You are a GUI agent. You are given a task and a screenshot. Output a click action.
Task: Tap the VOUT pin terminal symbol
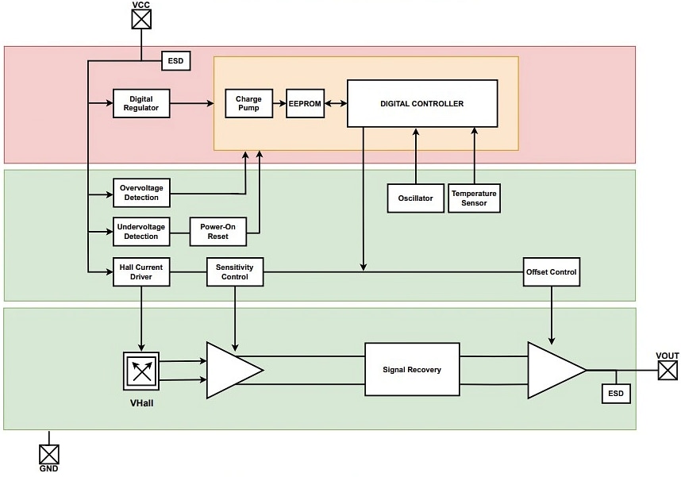pos(668,370)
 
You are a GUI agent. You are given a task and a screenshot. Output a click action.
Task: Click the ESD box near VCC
pos(175,61)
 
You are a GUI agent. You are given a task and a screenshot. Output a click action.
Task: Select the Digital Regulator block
pos(141,103)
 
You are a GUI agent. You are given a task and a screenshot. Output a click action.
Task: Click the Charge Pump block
pos(248,103)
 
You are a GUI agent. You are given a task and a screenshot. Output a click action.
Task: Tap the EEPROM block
pos(306,104)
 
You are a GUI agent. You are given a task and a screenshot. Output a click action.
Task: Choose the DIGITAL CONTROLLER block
pos(422,104)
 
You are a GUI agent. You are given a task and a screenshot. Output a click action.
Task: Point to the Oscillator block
pos(415,198)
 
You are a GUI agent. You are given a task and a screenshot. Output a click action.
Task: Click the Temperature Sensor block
pos(474,198)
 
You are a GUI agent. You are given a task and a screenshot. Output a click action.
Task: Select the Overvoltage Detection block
pos(141,191)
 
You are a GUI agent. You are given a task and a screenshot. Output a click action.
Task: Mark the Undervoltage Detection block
pos(141,231)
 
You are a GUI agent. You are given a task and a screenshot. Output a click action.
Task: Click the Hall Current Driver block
pos(141,271)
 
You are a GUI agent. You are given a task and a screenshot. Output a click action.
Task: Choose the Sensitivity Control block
pos(234,271)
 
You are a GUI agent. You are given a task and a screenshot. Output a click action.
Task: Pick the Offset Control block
pos(552,271)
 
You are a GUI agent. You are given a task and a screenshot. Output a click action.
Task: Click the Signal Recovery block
pos(412,370)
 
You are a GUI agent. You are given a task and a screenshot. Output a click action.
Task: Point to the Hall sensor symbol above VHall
pos(140,369)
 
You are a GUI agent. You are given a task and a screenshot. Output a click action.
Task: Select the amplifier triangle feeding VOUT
pos(552,370)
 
